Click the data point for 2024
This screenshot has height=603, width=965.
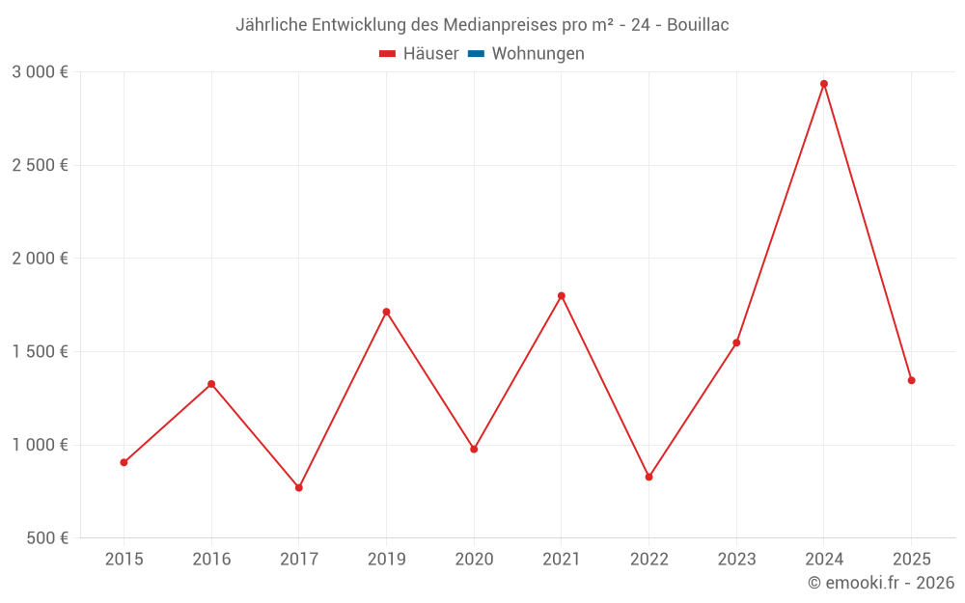pyautogui.click(x=824, y=84)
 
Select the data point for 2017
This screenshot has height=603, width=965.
pyautogui.click(x=299, y=487)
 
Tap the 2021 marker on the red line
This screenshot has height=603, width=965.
pyautogui.click(x=562, y=295)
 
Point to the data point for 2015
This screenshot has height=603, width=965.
pyautogui.click(x=124, y=462)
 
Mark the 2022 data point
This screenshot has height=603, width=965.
pyautogui.click(x=648, y=477)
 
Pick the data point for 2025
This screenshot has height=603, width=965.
pyautogui.click(x=911, y=380)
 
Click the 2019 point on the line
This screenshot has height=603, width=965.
pyautogui.click(x=386, y=312)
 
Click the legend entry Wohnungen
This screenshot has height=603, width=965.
pyautogui.click(x=538, y=54)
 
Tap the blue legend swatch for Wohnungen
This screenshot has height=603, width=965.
pyautogui.click(x=476, y=54)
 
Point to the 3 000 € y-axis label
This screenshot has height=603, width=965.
pyautogui.click(x=40, y=71)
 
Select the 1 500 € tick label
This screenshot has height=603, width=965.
pyautogui.click(x=40, y=351)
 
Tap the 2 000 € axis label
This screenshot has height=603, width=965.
pyautogui.click(x=40, y=258)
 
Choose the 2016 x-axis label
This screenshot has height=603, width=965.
pyautogui.click(x=211, y=559)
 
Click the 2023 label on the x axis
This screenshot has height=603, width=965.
pyautogui.click(x=736, y=559)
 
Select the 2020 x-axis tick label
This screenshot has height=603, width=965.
pyautogui.click(x=474, y=559)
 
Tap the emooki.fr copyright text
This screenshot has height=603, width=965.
pyautogui.click(x=880, y=583)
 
